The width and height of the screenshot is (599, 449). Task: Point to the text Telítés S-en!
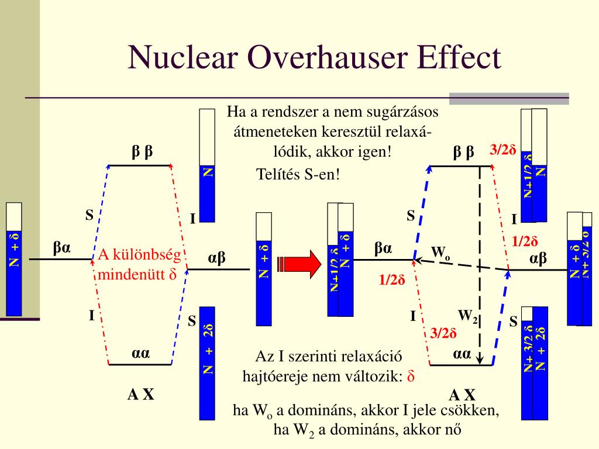tap(298, 174)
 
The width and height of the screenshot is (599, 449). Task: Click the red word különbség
tap(147, 255)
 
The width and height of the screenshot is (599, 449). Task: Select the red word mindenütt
tap(132, 274)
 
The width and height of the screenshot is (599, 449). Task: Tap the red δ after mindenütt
tap(173, 274)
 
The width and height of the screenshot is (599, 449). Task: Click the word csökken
tap(475, 410)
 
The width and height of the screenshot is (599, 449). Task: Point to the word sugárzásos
tap(405, 111)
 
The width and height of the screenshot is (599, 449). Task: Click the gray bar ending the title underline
tap(508, 99)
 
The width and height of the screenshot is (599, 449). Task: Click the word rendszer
tap(277, 111)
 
